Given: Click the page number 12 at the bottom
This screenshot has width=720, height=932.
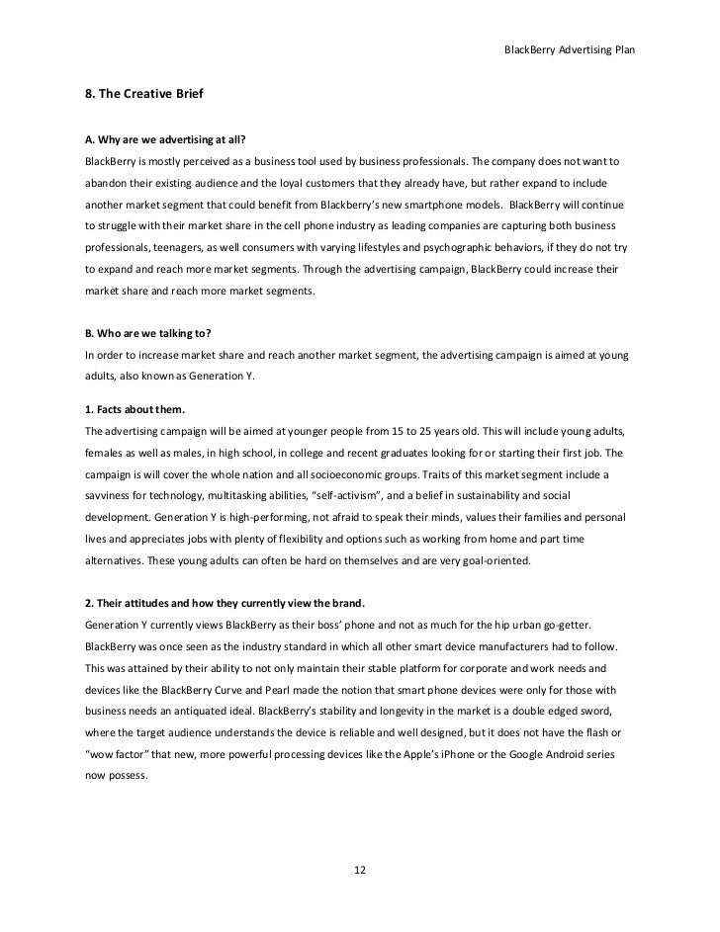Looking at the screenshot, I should pyautogui.click(x=360, y=869).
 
